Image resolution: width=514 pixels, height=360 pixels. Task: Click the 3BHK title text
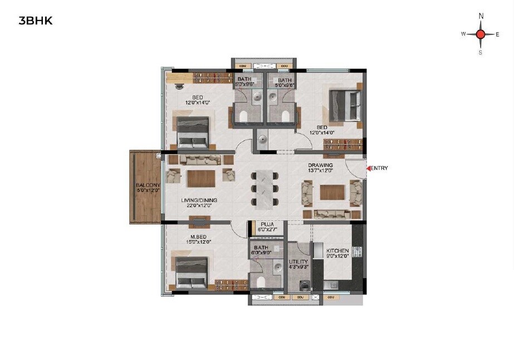click(x=35, y=22)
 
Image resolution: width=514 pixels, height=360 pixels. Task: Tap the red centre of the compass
click(x=481, y=34)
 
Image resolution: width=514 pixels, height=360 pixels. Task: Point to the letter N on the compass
click(x=481, y=17)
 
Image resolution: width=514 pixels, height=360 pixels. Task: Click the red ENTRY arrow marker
click(x=368, y=168)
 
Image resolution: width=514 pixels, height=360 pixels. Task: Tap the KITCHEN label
click(x=337, y=250)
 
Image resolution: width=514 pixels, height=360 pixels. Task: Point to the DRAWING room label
click(x=321, y=165)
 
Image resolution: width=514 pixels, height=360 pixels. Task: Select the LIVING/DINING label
click(x=199, y=200)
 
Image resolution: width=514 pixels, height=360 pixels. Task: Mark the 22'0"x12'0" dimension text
click(x=199, y=206)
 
